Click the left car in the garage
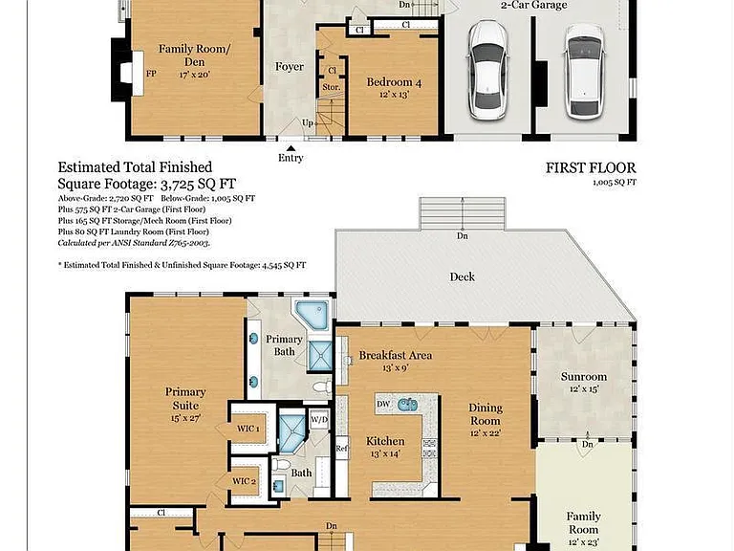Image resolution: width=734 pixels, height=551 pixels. [487, 70]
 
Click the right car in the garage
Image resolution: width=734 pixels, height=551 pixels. [584, 72]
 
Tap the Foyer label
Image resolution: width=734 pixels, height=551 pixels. [290, 67]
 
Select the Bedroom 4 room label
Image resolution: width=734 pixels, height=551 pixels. [394, 82]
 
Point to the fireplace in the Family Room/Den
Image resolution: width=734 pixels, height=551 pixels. [127, 74]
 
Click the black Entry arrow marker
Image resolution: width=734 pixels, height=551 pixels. [291, 148]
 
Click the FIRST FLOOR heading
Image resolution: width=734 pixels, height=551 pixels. [591, 167]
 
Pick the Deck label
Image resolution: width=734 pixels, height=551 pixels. [462, 276]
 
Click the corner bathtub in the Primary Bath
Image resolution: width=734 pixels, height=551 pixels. [313, 314]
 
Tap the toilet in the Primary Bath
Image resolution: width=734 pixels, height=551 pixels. [322, 387]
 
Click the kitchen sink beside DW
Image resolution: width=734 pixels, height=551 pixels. [407, 405]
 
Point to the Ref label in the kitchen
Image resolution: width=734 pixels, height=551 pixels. [342, 449]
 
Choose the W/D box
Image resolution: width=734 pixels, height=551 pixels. [319, 420]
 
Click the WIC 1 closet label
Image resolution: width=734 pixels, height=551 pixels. [248, 429]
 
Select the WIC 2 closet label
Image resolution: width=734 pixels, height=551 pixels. [244, 481]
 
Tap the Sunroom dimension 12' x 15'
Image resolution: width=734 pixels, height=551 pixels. [584, 389]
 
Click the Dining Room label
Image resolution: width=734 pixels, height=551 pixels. [486, 414]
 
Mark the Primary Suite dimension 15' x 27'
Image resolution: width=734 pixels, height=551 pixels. [185, 418]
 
